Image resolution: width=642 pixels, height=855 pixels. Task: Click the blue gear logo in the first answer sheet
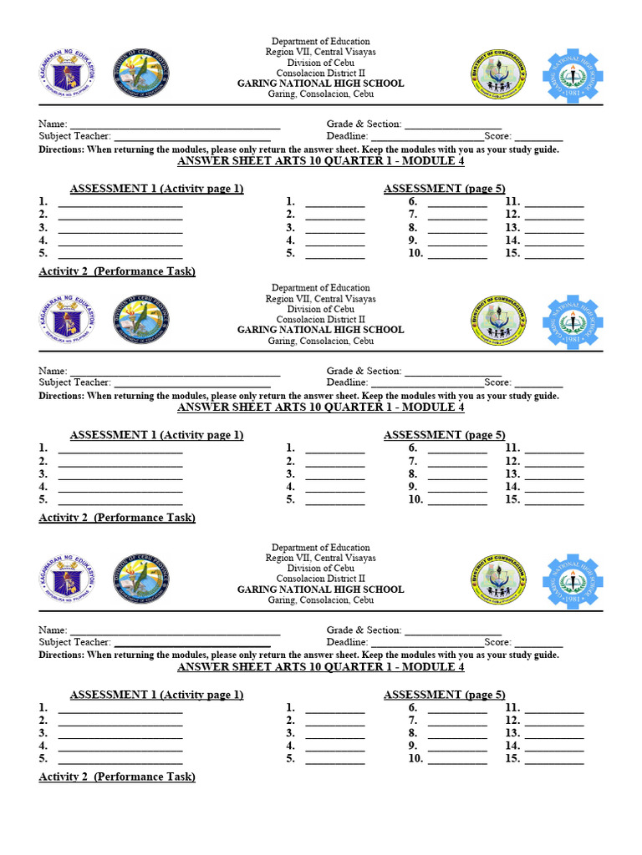click(x=572, y=76)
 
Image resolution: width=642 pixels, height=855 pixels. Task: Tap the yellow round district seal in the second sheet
click(x=498, y=321)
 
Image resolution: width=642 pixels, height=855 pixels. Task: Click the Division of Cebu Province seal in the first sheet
click(x=140, y=73)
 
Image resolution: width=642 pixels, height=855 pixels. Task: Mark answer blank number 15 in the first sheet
click(x=554, y=255)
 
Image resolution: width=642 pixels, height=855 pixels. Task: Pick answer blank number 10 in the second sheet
click(x=457, y=502)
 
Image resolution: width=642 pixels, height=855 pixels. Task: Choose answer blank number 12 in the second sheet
click(x=554, y=463)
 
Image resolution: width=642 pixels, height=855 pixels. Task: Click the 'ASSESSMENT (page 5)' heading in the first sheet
click(x=444, y=189)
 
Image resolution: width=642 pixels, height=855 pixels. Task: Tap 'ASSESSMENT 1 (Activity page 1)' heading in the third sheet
click(x=156, y=695)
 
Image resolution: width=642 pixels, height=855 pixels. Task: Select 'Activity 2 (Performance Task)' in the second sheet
click(x=117, y=518)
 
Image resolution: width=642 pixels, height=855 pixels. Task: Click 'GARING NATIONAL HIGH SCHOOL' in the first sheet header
click(x=320, y=83)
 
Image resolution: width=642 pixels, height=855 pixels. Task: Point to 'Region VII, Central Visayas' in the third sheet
click(x=320, y=558)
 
